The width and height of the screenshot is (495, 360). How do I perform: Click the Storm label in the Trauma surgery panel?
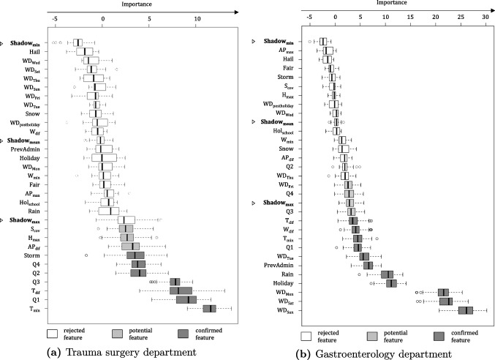[31, 255]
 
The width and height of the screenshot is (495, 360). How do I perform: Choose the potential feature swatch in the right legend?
[369, 334]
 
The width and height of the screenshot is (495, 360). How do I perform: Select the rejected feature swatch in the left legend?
[53, 333]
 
